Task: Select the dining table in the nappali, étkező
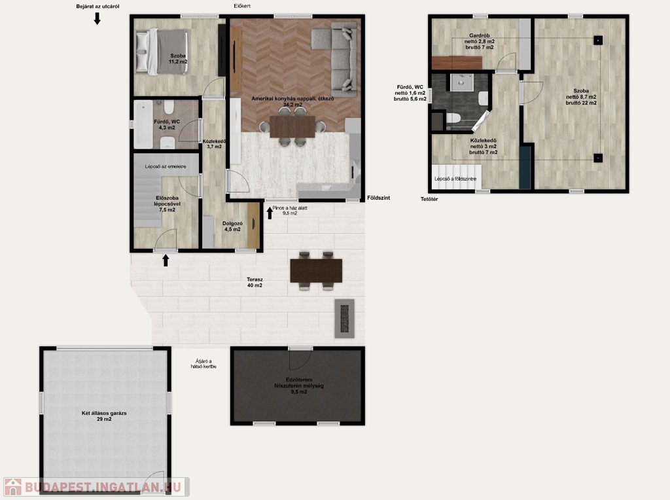tap(292, 126)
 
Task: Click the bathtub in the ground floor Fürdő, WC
tap(143, 124)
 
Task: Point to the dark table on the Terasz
tap(316, 271)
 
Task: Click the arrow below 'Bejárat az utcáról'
tap(97, 18)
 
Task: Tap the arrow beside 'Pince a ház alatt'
tap(270, 213)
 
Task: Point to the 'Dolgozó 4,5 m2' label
tap(232, 226)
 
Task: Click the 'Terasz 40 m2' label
tap(255, 283)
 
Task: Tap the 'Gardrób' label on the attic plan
tap(480, 35)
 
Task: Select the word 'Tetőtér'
tap(429, 199)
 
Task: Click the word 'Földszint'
tap(379, 198)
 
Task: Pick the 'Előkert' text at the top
tap(242, 6)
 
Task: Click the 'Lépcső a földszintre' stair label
tap(455, 179)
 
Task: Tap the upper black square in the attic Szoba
tap(598, 40)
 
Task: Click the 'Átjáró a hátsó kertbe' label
tap(203, 364)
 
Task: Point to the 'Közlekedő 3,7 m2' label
tap(214, 143)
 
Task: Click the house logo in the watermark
tap(12, 487)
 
